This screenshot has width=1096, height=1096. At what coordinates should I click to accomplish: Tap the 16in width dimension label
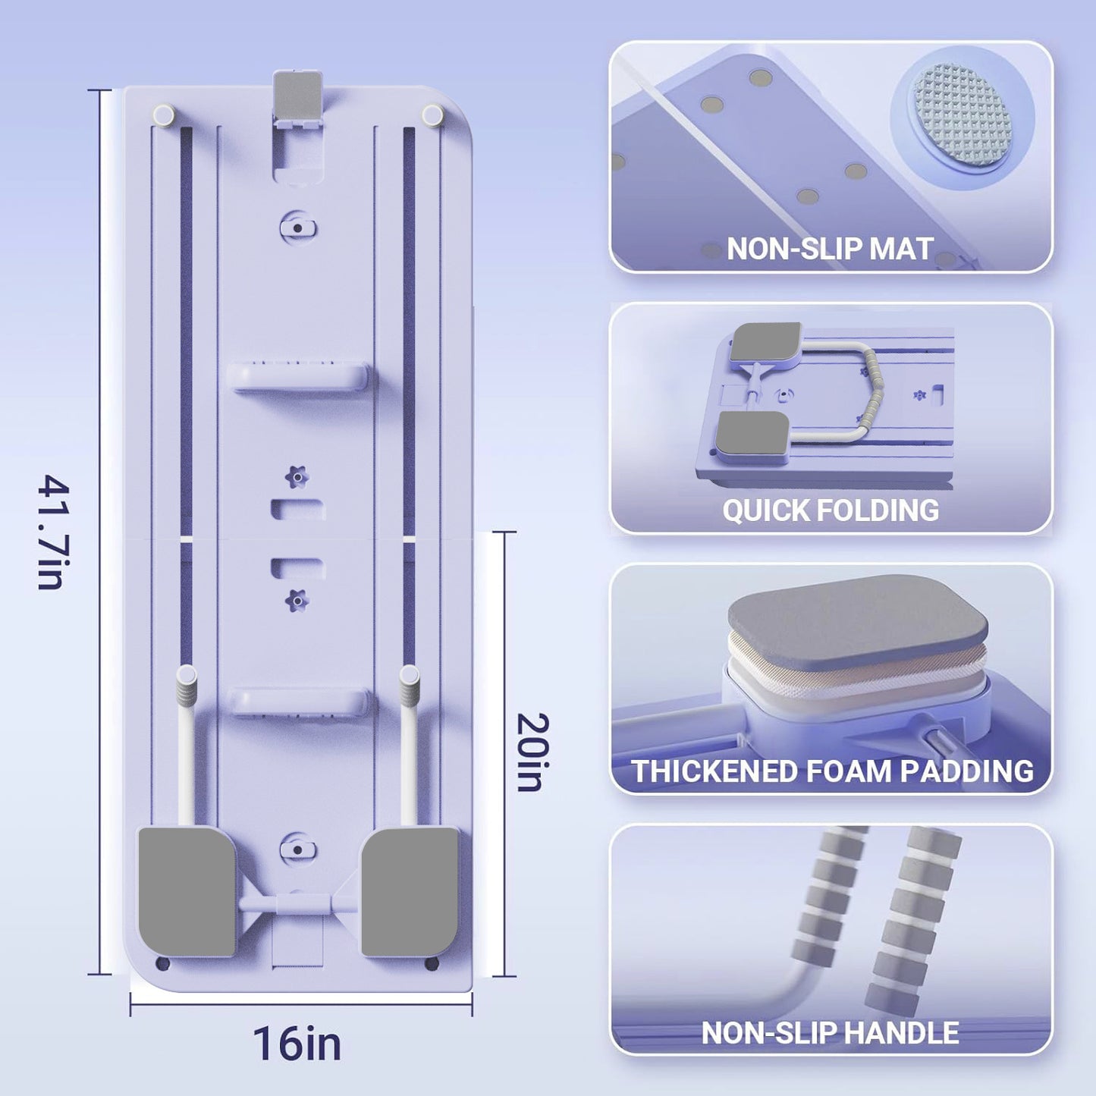297,1043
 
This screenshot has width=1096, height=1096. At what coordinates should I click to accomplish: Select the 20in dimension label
533,752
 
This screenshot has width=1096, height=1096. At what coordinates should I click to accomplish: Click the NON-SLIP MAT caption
830,249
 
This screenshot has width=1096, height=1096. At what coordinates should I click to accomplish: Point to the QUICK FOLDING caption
831,510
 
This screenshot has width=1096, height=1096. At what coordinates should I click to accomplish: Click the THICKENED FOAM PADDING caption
833,771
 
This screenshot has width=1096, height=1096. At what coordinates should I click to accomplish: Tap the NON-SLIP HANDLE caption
830,1032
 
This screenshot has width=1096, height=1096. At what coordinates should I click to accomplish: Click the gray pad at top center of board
297,96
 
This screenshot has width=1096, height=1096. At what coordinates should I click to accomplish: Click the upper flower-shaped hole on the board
297,476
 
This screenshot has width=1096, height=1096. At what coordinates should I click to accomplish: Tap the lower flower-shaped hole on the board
297,601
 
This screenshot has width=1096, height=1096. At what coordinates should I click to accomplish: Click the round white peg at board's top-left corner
165,114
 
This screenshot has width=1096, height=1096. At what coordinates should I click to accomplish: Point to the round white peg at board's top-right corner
432,115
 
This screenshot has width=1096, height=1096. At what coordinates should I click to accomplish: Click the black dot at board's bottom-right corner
432,975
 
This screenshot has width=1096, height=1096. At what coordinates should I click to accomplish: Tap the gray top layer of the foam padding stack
858,622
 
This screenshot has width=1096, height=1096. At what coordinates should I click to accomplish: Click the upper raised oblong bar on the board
297,376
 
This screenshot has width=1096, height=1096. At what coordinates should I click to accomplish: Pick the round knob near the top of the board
297,228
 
